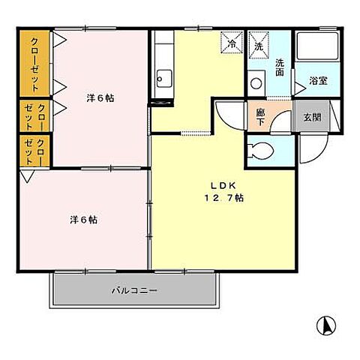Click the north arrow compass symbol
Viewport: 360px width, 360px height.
[327, 327]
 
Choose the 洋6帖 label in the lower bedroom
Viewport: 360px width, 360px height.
[84, 220]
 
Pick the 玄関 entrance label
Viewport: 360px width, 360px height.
[311, 116]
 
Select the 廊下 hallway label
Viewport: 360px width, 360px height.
[260, 118]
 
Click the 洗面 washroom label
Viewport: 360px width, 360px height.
[279, 68]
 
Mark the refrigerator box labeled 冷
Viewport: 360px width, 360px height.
[232, 43]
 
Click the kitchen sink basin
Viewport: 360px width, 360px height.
[163, 76]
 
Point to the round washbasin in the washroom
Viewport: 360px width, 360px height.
[256, 82]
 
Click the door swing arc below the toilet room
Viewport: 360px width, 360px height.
[308, 157]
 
